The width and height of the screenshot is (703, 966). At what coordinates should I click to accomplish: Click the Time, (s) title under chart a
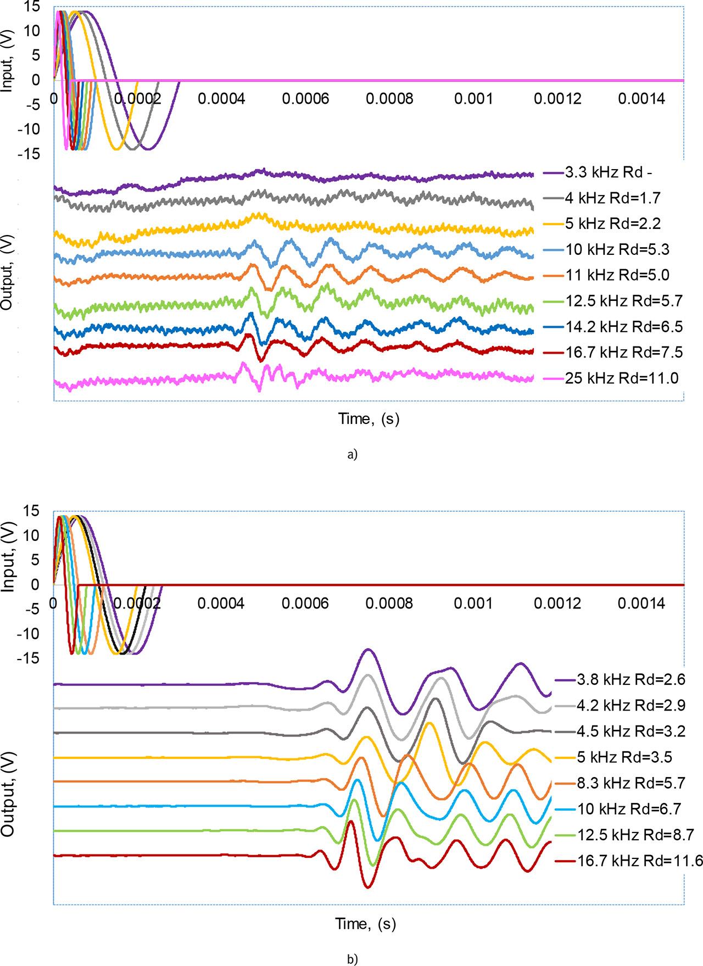pyautogui.click(x=369, y=419)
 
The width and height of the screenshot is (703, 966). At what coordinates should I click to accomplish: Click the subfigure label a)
pyautogui.click(x=352, y=454)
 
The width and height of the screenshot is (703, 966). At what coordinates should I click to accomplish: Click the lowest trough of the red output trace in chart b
pyautogui.click(x=367, y=887)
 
